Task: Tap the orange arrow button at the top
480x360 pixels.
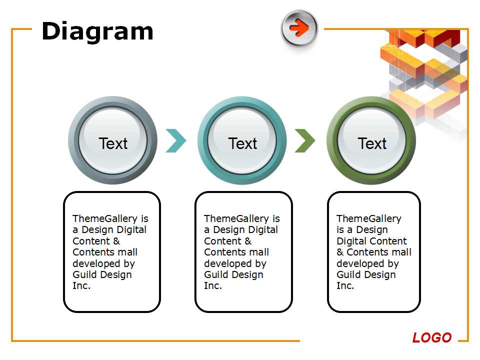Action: pos(299,28)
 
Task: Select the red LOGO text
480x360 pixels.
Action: pos(432,337)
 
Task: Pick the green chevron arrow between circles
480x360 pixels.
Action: pos(304,141)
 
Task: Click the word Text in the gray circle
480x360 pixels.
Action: pos(113,143)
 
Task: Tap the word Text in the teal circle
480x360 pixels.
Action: pos(242,143)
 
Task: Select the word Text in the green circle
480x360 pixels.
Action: pos(372,143)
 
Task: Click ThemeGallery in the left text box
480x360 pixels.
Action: pos(105,218)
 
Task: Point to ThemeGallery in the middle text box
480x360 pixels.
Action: pos(236,218)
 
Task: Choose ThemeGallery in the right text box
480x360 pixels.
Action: pos(369,218)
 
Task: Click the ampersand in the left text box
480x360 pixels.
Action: pos(116,241)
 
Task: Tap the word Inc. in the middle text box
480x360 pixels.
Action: pos(213,285)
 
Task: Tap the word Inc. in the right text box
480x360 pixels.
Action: pos(345,285)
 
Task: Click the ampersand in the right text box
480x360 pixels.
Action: pos(340,252)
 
